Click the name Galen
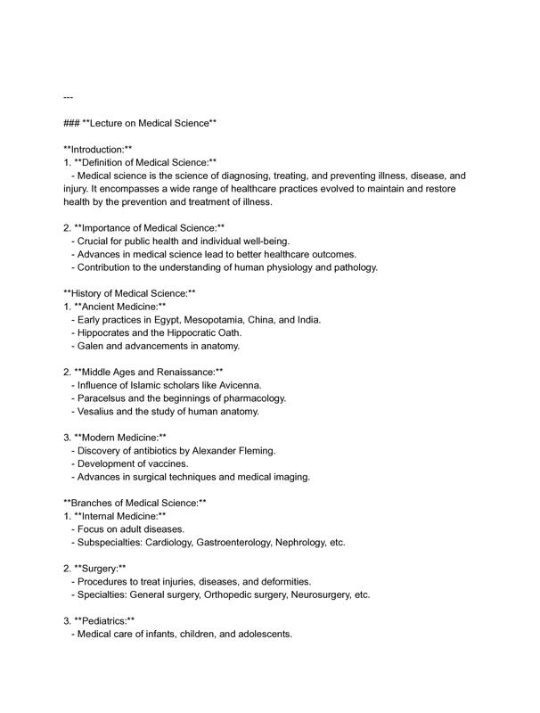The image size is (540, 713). click(x=92, y=346)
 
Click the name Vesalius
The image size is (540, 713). click(x=98, y=412)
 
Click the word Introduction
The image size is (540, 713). click(x=98, y=149)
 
